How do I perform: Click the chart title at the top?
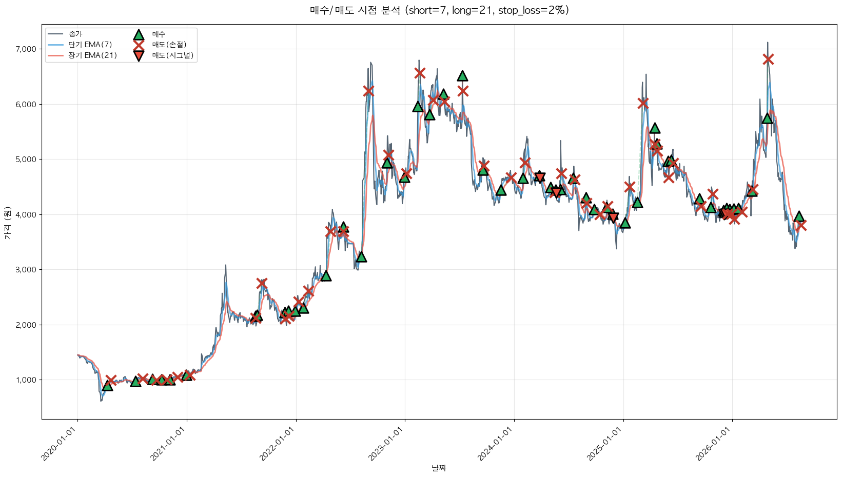pos(439,10)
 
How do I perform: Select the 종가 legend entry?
pos(65,34)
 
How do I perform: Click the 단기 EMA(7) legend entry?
pos(80,45)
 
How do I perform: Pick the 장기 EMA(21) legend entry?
pos(82,55)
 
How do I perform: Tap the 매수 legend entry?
pos(149,34)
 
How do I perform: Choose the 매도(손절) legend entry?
pos(160,45)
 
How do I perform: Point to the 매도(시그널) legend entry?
pos(164,55)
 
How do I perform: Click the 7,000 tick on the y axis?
pos(26,49)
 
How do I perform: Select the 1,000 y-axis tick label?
pos(26,380)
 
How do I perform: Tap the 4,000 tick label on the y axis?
pos(26,214)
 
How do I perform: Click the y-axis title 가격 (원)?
pos(8,223)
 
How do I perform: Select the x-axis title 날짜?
pos(439,468)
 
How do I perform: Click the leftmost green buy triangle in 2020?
pos(108,386)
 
